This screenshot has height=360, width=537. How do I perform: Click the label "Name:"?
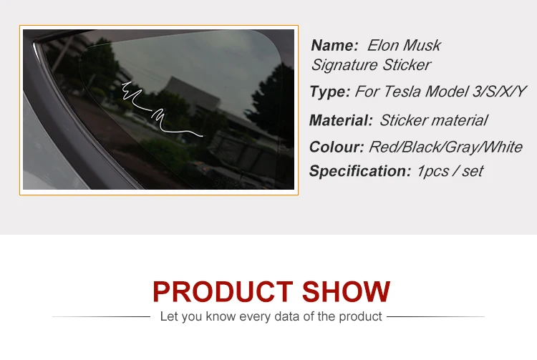tap(334, 46)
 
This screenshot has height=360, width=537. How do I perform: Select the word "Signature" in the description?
tap(344, 65)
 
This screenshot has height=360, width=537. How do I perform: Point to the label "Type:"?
tap(330, 92)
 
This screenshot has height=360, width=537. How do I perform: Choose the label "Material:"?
tap(341, 120)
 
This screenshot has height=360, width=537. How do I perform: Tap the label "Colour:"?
tap(337, 147)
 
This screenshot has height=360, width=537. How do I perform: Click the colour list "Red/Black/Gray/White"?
tap(445, 147)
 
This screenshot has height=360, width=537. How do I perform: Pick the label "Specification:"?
tap(360, 171)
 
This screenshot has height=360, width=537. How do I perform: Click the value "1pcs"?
tap(432, 172)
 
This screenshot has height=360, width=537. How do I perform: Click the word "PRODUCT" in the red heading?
tap(223, 291)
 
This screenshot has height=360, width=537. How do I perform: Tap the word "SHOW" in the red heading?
tap(346, 291)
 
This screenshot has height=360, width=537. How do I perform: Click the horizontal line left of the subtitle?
tap(101, 316)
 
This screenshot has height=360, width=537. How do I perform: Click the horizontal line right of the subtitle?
tap(435, 316)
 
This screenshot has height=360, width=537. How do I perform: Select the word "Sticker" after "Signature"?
tap(406, 64)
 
